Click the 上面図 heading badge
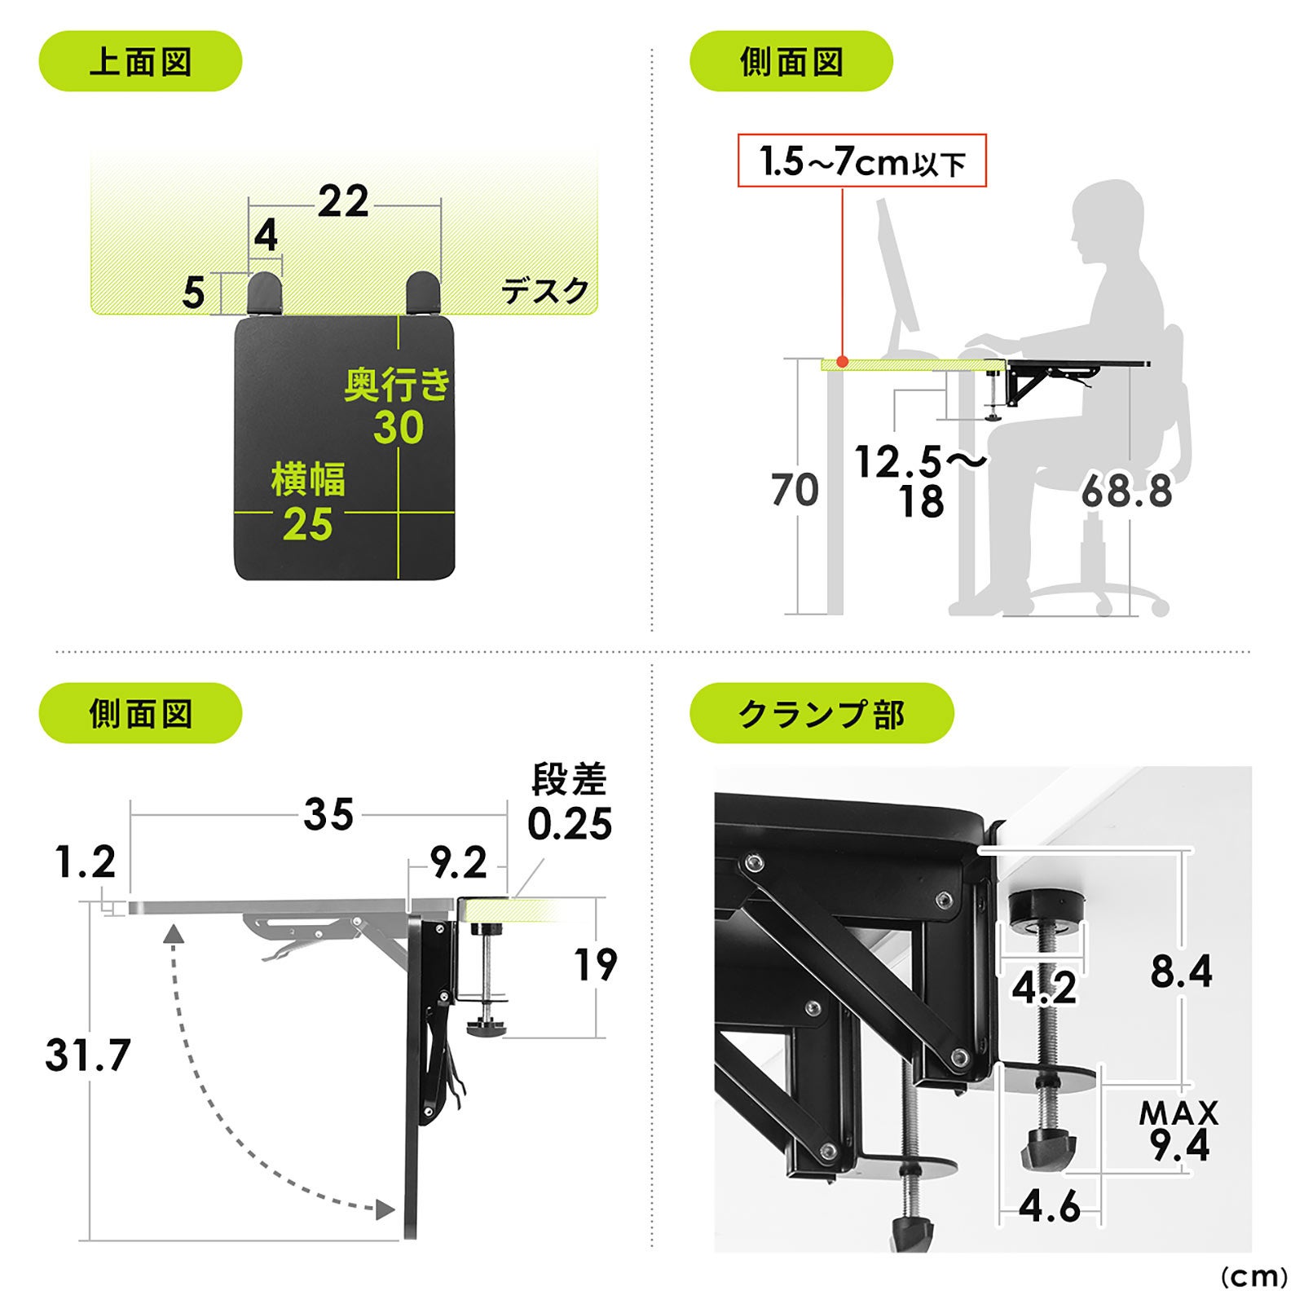coord(140,61)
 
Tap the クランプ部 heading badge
coord(822,713)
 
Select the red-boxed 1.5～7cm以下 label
coord(862,161)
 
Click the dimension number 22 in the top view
coord(343,201)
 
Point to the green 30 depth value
coord(399,428)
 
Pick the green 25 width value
coord(308,524)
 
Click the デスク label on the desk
coord(544,291)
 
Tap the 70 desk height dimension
coord(795,490)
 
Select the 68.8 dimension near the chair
coord(1127,491)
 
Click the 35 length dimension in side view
coord(329,814)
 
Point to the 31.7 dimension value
coord(88,1055)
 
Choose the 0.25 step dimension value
coord(570,824)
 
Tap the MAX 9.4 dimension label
coord(1179,1131)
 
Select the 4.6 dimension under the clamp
coord(1050,1205)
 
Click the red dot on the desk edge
coord(843,361)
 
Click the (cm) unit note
coord(1253,1276)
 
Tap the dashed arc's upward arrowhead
coord(172,934)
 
